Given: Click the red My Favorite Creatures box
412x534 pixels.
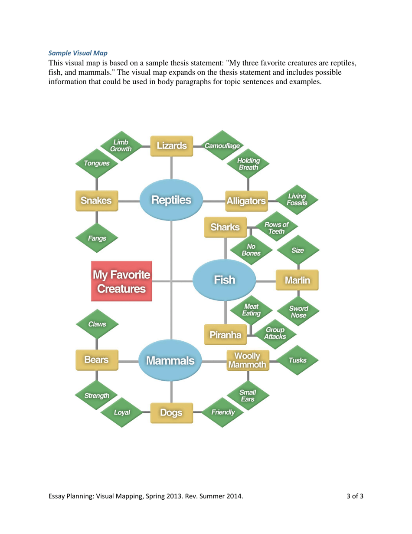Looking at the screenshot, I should [121, 281].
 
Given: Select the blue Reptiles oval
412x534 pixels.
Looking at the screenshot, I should [171, 200].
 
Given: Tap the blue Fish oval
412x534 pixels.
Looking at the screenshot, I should [224, 280].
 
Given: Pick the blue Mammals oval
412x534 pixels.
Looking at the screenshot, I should [170, 360].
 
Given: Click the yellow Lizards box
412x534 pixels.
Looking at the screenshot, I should [171, 145].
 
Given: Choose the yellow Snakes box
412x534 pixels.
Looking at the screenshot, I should [97, 201].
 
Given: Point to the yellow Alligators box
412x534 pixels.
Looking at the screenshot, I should [246, 201].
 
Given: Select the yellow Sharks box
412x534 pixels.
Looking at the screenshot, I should [225, 227].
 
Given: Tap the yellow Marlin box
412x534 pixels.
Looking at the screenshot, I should [297, 280].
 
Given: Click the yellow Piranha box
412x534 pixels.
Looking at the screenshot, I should [225, 335].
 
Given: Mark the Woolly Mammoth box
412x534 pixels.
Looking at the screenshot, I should [247, 360].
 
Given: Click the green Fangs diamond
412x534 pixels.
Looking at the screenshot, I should [97, 238].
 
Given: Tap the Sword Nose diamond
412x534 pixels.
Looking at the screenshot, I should [298, 311].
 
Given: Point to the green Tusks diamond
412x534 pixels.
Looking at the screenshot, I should [297, 360].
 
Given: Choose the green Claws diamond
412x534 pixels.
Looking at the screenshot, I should [97, 324].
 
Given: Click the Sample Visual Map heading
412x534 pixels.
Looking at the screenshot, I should [77, 53].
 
